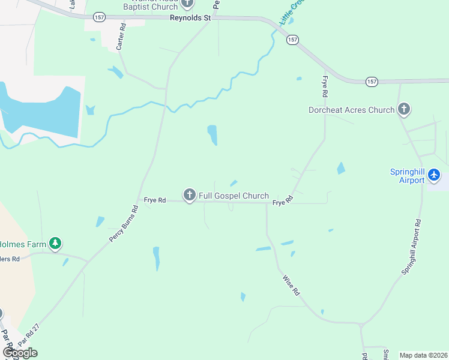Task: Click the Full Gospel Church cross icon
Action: click(x=190, y=195)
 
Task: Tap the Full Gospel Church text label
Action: click(x=234, y=196)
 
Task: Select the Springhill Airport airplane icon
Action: click(x=433, y=176)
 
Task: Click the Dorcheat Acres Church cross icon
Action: click(x=404, y=109)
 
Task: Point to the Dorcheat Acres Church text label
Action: click(x=351, y=110)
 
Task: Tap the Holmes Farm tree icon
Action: click(x=56, y=243)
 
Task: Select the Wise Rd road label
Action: click(x=290, y=284)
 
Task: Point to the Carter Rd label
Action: click(x=121, y=37)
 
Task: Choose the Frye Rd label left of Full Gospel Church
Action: click(x=154, y=200)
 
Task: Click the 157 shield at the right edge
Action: click(x=372, y=81)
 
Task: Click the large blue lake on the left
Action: click(x=42, y=111)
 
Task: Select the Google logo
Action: click(x=20, y=353)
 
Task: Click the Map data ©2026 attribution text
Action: click(x=424, y=355)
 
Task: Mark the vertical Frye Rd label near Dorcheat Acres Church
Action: click(x=325, y=87)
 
